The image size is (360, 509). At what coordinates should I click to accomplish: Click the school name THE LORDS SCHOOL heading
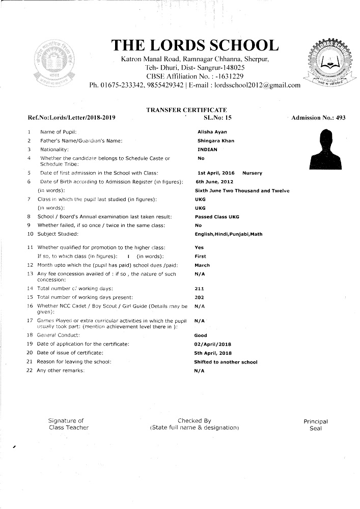coord(195,45)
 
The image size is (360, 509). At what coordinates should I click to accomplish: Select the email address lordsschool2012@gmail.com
coord(257,85)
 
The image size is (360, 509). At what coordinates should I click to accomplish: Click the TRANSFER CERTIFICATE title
coord(186,110)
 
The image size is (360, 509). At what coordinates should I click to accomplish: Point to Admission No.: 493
coord(318,118)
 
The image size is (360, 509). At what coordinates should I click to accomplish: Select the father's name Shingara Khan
coord(216,140)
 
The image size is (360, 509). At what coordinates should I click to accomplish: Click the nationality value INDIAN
coord(207,150)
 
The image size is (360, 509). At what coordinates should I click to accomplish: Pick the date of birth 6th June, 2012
coord(214,182)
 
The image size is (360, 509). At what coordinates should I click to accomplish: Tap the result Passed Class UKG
coord(217,217)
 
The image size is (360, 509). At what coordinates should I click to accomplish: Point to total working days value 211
coord(199,288)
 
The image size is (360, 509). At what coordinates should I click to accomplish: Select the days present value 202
coord(200,297)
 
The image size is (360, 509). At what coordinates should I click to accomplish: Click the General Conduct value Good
coord(201,335)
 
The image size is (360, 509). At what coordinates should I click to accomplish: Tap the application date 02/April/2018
coord(213,344)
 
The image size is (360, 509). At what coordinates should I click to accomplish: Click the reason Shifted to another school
coord(226,362)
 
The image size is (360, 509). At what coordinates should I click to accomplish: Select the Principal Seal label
coord(316,425)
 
